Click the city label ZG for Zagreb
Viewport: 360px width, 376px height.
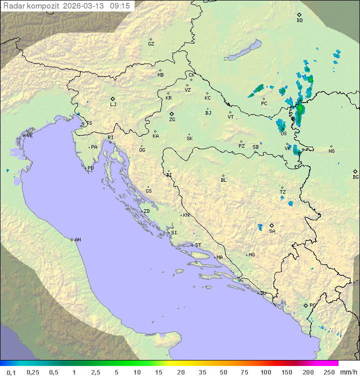pos(172,120)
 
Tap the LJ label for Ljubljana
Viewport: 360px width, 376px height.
pos(113,105)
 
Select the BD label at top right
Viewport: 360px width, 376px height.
pos(299,21)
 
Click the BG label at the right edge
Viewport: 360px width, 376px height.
pos(355,177)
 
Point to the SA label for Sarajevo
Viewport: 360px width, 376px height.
pos(272,231)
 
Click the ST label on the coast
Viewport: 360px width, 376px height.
pos(198,245)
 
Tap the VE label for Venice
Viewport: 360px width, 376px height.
pos(29,136)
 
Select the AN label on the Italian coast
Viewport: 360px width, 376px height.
pos(77,240)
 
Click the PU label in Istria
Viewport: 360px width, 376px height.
pos(90,168)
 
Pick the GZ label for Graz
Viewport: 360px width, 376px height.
pos(151,44)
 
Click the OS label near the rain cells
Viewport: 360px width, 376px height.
pos(283,134)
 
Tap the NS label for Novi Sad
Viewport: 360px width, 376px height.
pos(331,151)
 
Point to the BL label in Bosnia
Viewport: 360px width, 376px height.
pos(223,180)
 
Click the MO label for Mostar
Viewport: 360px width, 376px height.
pos(251,255)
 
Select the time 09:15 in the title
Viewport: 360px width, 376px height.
pos(120,6)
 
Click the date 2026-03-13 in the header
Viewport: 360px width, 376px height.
pos(88,6)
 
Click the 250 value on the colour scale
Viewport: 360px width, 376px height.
pos(329,372)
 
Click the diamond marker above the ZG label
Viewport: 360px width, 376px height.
pos(171,114)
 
